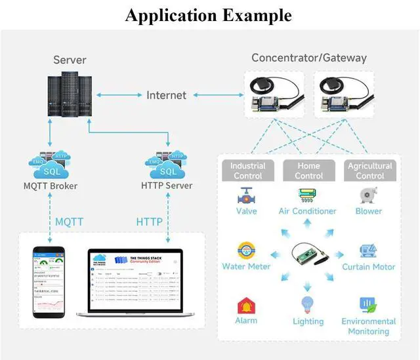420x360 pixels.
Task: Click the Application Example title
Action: click(209, 14)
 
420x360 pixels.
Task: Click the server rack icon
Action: click(69, 96)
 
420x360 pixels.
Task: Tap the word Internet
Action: click(166, 95)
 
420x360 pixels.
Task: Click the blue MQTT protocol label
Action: click(69, 222)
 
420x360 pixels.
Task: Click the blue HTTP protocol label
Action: click(149, 222)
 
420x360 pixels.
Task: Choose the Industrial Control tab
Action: click(247, 170)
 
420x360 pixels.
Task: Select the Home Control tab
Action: click(308, 170)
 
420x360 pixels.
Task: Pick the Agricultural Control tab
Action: click(369, 170)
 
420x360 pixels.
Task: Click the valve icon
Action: click(247, 195)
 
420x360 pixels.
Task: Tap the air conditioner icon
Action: click(307, 195)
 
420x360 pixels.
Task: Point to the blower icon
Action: click(368, 195)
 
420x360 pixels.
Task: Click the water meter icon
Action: click(247, 251)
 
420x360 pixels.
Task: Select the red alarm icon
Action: click(246, 306)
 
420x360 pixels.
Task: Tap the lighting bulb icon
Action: click(308, 305)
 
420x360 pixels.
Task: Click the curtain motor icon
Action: click(368, 251)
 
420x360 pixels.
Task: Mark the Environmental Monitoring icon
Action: click(367, 305)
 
